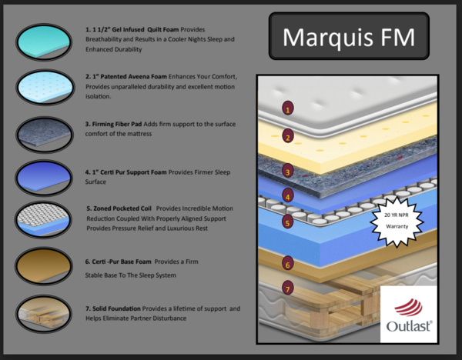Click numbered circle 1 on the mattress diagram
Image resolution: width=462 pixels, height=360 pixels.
[x=288, y=108]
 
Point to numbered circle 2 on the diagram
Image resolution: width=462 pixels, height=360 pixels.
[x=288, y=137]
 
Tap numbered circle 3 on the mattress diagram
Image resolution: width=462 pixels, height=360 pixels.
[x=287, y=171]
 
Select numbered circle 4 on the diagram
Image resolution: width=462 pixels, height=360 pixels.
[x=287, y=196]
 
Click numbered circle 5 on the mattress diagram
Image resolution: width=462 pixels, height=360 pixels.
[x=287, y=223]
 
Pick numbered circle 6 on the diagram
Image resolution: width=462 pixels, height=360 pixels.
[x=287, y=264]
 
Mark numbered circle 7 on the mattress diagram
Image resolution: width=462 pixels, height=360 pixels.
[x=287, y=289]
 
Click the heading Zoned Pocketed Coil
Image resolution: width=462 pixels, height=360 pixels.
[x=123, y=208]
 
